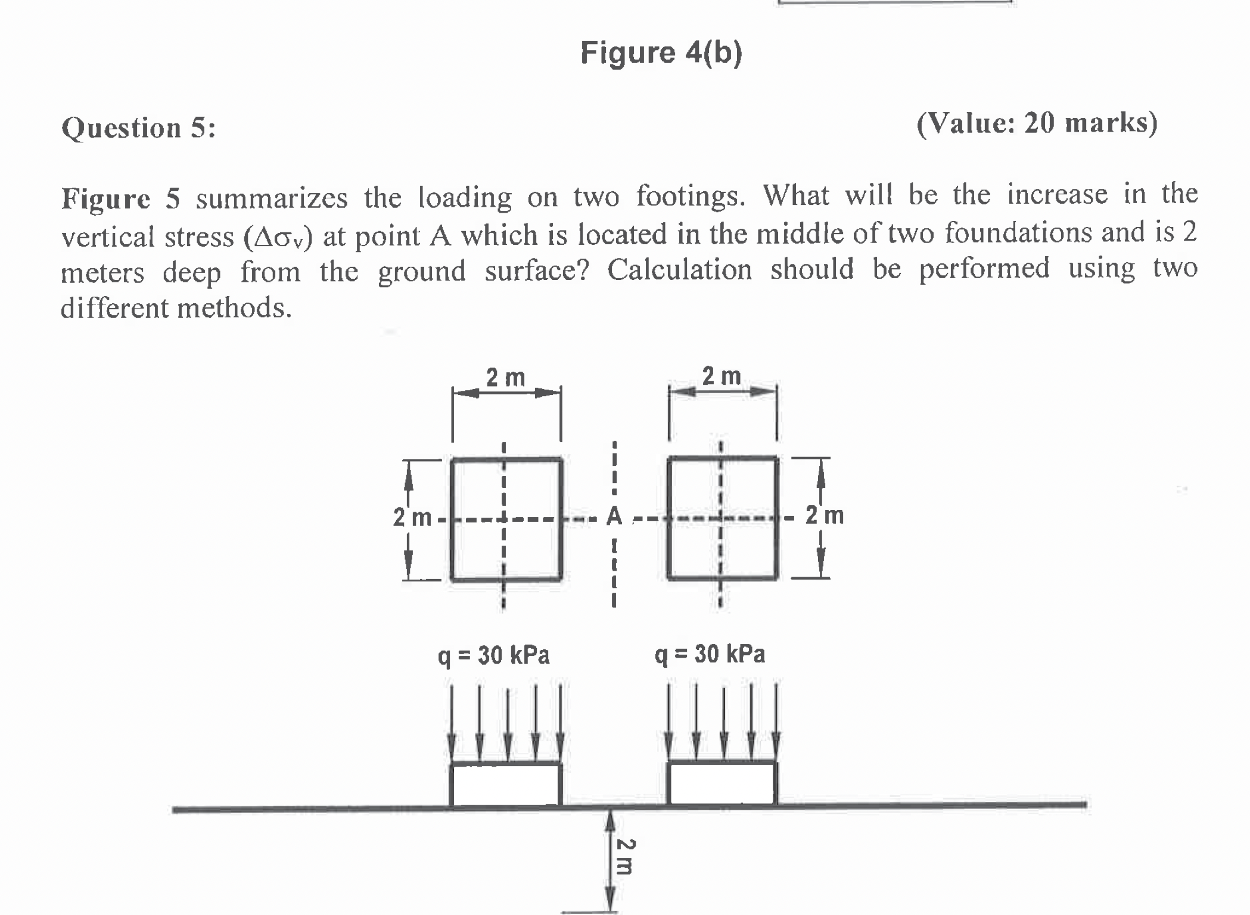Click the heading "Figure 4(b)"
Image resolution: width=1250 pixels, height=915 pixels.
click(x=661, y=53)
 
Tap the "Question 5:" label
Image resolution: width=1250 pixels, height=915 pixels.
click(x=138, y=128)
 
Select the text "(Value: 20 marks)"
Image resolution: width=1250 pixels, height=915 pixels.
click(x=1037, y=123)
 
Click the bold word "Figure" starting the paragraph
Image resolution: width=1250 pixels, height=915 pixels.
click(x=105, y=198)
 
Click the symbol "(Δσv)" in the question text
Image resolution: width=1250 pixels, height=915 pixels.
click(x=278, y=237)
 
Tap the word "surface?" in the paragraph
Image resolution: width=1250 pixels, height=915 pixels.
click(x=536, y=272)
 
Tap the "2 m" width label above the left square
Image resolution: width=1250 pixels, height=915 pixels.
click(x=505, y=378)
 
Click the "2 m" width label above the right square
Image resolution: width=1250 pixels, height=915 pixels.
click(x=722, y=376)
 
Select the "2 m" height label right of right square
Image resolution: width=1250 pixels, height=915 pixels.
click(x=825, y=515)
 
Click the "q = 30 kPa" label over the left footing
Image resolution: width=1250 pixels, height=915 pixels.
click(x=493, y=655)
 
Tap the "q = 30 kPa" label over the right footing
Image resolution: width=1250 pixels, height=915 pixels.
click(x=710, y=654)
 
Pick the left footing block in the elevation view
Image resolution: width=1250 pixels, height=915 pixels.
click(x=505, y=784)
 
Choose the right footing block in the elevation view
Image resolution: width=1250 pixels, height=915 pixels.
click(x=722, y=783)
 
